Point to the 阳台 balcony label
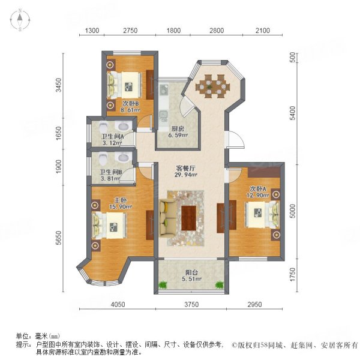click(x=190, y=272)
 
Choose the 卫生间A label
click(x=112, y=136)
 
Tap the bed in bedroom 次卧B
click(x=127, y=85)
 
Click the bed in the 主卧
click(x=112, y=226)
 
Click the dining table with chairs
click(x=212, y=83)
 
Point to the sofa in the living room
click(x=167, y=217)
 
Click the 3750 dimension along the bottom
click(x=190, y=305)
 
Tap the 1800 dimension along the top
click(x=173, y=31)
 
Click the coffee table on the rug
click(x=189, y=216)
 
